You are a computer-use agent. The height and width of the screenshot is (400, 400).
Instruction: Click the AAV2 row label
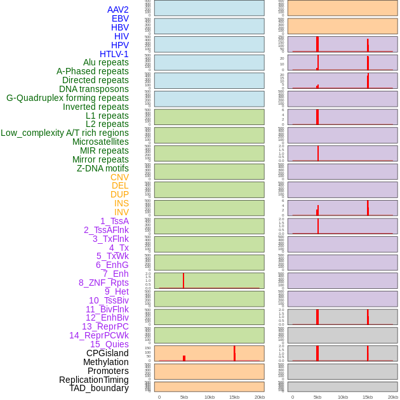[x=117, y=10]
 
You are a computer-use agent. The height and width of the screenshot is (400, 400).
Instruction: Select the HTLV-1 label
[x=114, y=54]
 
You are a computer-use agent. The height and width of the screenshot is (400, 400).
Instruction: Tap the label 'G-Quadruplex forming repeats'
[x=67, y=98]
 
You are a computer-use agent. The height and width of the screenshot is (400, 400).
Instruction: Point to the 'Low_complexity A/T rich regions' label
[x=65, y=133]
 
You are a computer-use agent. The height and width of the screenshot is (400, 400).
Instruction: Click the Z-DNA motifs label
[x=103, y=168]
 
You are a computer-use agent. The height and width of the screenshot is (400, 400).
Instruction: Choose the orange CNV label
[x=119, y=177]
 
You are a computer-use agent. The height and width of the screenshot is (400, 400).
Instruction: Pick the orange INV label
[x=121, y=212]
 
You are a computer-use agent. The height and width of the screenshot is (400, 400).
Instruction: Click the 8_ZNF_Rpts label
[x=103, y=283]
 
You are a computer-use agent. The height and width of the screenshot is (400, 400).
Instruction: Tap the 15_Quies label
[x=109, y=344]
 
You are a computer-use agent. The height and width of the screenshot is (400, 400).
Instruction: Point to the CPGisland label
[x=107, y=353]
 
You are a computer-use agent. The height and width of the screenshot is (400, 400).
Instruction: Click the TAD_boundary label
[x=99, y=388]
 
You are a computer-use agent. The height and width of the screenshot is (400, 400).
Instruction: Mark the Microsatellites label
[x=100, y=142]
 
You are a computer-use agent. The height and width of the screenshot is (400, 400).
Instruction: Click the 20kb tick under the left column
[x=260, y=397]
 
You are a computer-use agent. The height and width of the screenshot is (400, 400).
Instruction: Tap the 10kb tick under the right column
[x=343, y=397]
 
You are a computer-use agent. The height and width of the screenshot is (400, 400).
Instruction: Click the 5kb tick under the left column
[x=184, y=397]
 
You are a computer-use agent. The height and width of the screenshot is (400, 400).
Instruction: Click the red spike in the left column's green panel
[x=183, y=280]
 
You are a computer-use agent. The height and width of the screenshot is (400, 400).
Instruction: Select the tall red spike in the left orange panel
[x=234, y=353]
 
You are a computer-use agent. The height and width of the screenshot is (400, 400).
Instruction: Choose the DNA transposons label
[x=94, y=89]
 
